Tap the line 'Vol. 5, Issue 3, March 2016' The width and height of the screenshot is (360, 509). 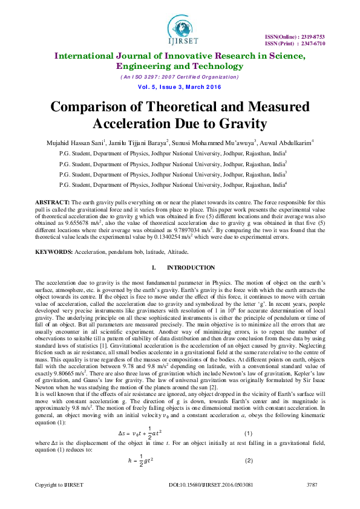[x=180, y=87]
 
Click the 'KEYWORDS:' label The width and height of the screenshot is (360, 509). [x=54, y=251]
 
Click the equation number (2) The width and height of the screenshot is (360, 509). [x=247, y=461]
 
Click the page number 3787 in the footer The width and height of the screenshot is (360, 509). [x=312, y=485]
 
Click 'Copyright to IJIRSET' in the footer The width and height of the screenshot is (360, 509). [x=58, y=485]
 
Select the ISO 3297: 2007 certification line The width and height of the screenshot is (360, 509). [x=180, y=77]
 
